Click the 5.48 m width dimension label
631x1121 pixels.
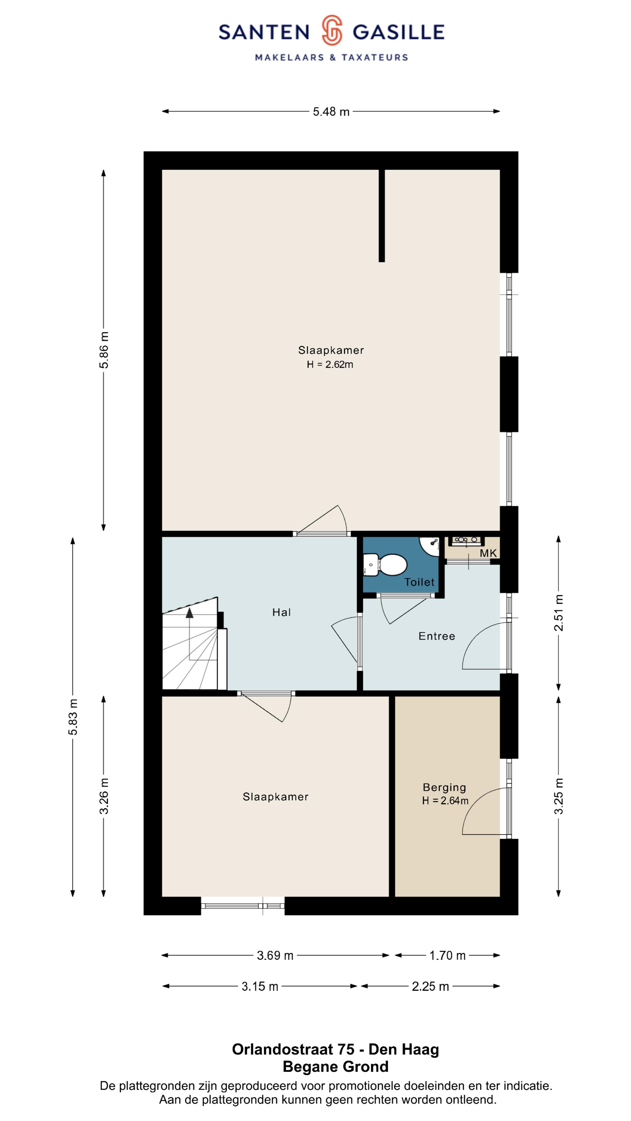click(331, 112)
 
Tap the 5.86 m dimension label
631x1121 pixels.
click(104, 350)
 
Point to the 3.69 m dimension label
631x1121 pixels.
click(275, 955)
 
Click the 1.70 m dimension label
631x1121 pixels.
click(447, 955)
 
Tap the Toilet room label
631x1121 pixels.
click(419, 582)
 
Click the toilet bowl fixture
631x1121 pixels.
click(385, 564)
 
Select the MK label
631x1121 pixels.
click(488, 553)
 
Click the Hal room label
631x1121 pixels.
click(281, 612)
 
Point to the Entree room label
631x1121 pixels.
click(437, 636)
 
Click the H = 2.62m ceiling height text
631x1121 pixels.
click(330, 364)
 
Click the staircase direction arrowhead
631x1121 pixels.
click(189, 613)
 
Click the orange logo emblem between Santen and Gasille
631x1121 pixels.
click(332, 30)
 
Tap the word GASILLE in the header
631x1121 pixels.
click(398, 32)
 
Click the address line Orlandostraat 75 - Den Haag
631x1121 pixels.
click(335, 1049)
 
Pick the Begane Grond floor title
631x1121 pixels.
click(335, 1067)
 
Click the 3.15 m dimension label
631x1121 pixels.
click(259, 986)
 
